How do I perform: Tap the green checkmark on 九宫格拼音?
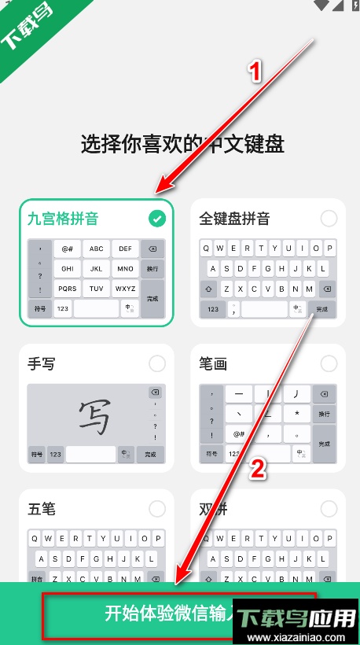coord(158,218)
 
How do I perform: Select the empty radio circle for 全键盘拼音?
coord(329,218)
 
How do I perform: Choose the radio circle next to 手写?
coord(157,363)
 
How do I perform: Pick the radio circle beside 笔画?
coord(329,363)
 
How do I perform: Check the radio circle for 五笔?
coord(157,509)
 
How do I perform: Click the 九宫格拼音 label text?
coord(63,219)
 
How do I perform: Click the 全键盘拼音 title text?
coord(235,219)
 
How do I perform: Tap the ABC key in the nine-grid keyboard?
coord(97,249)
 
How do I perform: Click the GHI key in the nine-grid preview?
coord(68,268)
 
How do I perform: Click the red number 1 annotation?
coord(254,72)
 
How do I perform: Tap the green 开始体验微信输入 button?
coord(179,614)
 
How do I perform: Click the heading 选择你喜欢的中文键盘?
coord(182,144)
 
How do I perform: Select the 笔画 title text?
coord(214,364)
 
